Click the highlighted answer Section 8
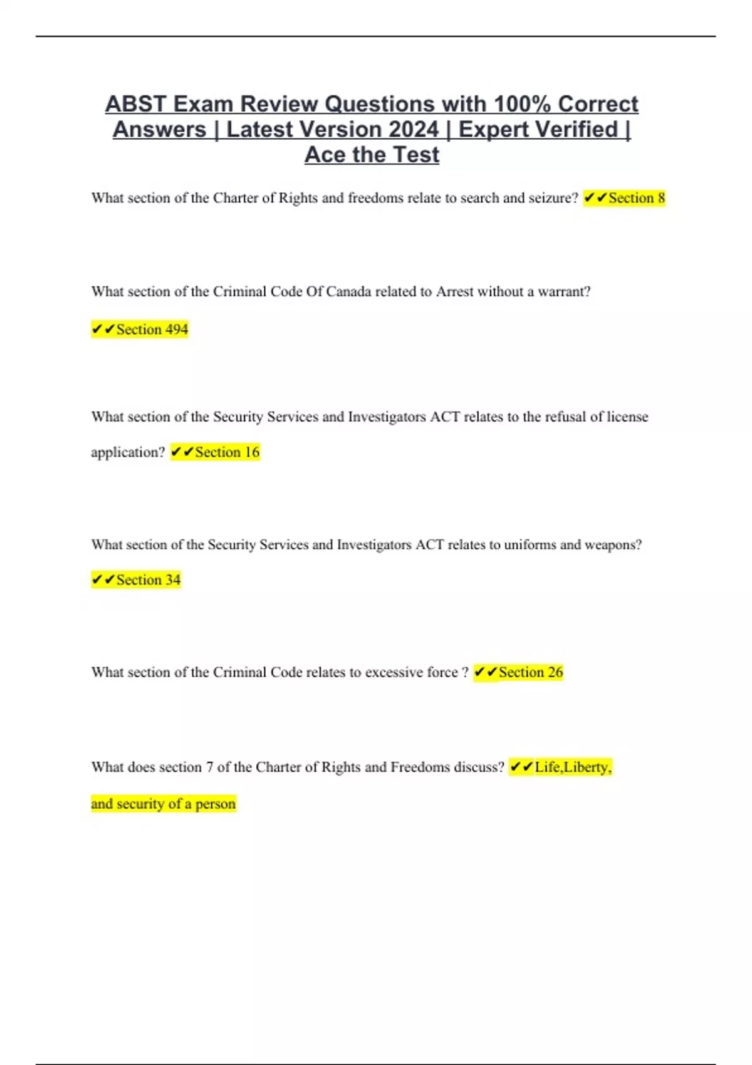624,198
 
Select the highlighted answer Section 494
140,330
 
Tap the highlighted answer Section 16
215,452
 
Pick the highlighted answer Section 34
136,580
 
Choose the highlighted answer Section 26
518,672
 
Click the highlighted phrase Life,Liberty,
561,767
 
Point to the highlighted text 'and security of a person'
164,804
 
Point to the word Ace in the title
326,155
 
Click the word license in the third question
627,417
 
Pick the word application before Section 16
127,452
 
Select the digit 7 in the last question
209,767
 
